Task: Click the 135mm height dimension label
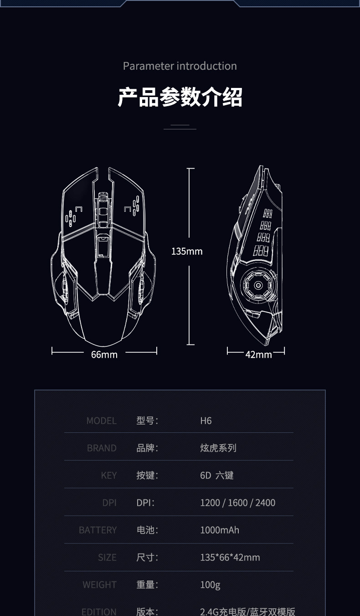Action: [187, 251]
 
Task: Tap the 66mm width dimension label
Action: [104, 354]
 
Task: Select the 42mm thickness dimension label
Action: [258, 354]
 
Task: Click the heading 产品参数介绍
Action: [180, 97]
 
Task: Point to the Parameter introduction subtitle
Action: [180, 66]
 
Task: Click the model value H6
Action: [206, 421]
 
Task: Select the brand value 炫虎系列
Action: [218, 448]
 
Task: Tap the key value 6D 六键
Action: [217, 475]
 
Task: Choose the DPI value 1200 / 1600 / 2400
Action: [238, 503]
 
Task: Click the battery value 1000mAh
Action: [220, 530]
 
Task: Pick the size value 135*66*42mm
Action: [230, 557]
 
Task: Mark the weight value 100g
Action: [210, 585]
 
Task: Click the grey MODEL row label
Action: [102, 421]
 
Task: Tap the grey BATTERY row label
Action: [98, 530]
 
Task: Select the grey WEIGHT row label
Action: [100, 585]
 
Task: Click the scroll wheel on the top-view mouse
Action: [103, 210]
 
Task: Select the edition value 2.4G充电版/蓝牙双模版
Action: [248, 611]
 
